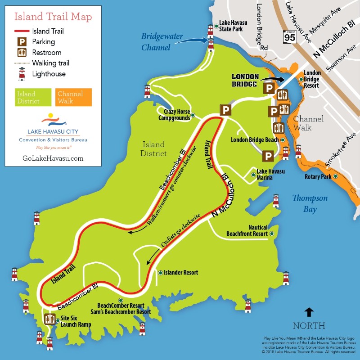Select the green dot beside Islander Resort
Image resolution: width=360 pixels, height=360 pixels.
[x=160, y=273]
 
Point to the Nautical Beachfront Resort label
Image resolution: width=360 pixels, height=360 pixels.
[x=247, y=230]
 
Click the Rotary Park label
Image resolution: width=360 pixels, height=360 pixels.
[x=318, y=177]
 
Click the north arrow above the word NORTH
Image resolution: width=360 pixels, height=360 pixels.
[x=309, y=312]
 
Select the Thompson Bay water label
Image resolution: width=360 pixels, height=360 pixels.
[x=310, y=203]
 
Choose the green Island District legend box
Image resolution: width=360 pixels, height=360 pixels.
[x=31, y=97]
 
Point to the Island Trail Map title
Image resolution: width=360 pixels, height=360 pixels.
[x=53, y=17]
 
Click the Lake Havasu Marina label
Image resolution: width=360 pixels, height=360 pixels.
[x=270, y=174]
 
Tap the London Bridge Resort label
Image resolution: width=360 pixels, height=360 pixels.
[x=312, y=79]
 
